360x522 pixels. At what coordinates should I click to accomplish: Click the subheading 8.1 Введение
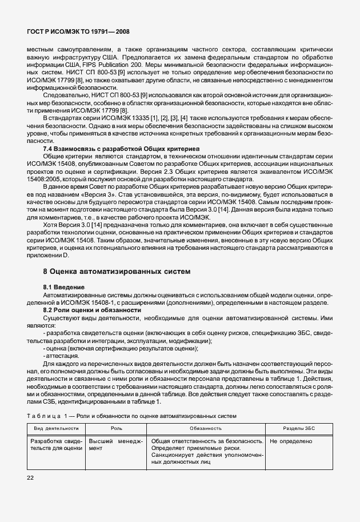coord(64,286)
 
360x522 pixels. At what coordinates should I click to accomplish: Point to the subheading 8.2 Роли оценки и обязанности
coord(92,309)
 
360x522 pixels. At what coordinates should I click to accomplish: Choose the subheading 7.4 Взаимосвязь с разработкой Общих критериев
coord(121,148)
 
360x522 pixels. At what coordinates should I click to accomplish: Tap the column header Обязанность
coord(206,428)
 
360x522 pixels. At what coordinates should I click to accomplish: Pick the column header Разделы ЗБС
coord(298,428)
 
